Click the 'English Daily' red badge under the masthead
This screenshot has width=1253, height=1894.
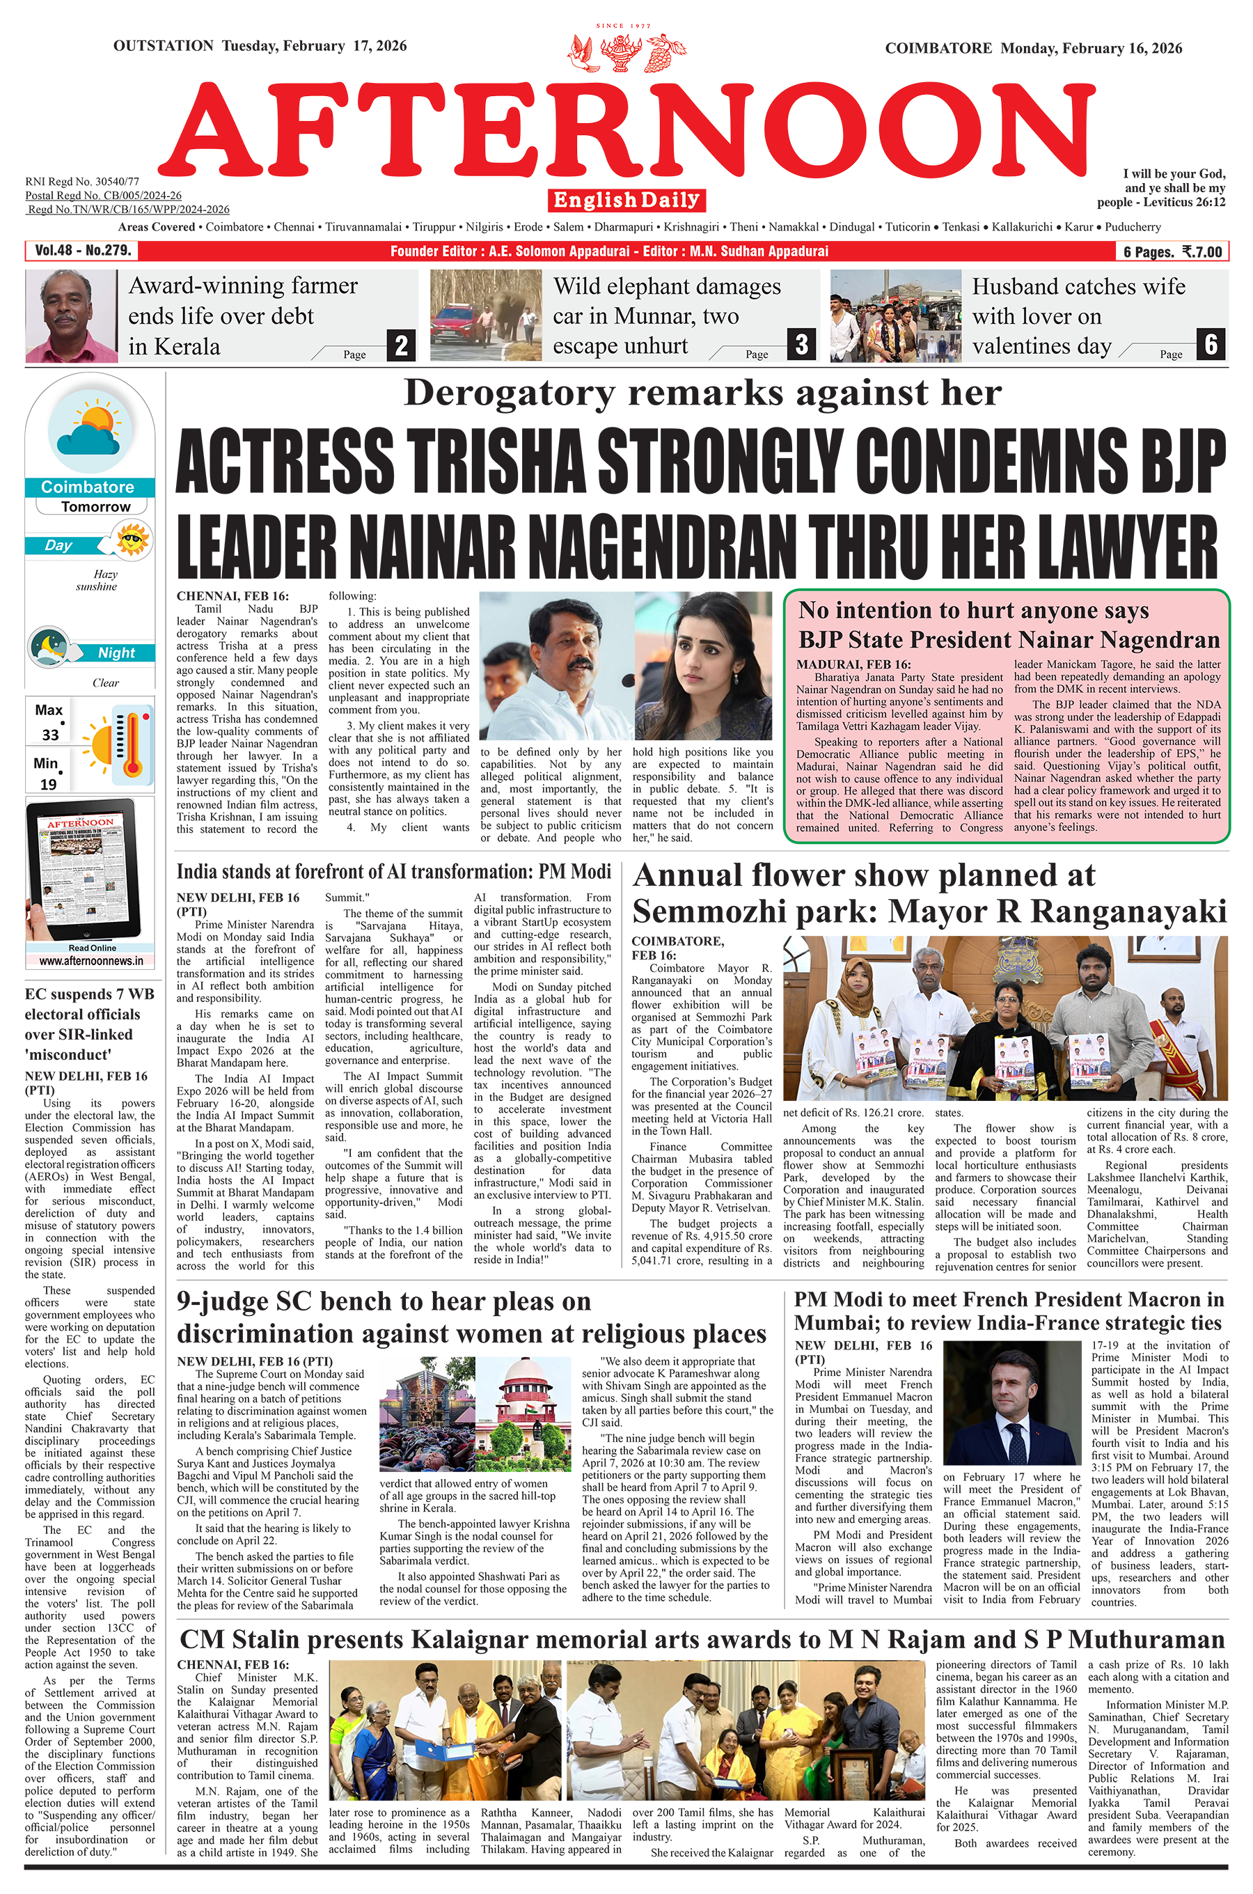click(626, 200)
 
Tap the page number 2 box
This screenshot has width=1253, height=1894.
click(401, 345)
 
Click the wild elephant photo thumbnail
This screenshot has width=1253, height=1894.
click(486, 315)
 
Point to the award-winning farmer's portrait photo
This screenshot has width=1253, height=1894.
click(71, 315)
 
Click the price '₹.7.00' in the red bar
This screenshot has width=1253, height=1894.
click(1202, 252)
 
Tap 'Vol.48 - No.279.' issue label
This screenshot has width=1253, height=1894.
click(82, 251)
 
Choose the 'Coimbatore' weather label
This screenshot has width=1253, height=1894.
click(87, 487)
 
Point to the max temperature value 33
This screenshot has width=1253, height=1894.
click(50, 735)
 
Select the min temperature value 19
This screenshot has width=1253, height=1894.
click(49, 784)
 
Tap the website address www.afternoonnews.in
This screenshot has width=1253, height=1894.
click(91, 962)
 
